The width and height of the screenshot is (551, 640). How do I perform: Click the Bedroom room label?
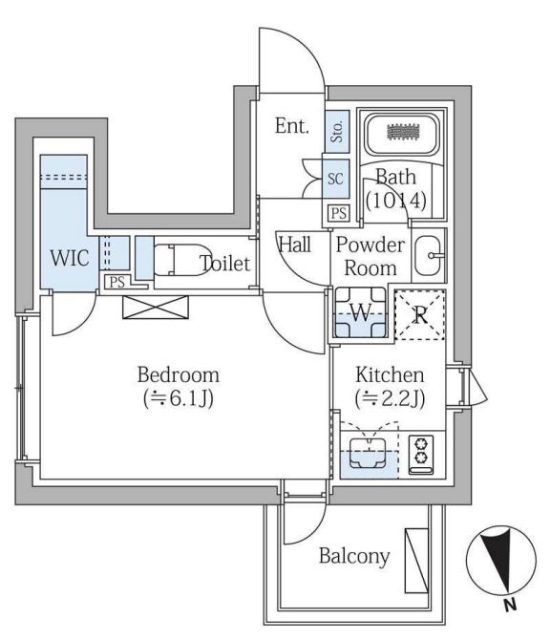tap(179, 375)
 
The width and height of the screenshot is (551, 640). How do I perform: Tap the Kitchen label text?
tap(390, 375)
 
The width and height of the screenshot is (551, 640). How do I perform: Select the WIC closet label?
tap(70, 258)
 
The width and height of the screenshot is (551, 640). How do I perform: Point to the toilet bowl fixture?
tap(180, 260)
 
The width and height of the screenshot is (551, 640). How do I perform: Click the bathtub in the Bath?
tap(402, 134)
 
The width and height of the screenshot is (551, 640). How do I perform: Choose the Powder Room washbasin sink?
tap(429, 255)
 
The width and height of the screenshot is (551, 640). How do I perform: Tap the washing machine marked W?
tap(360, 313)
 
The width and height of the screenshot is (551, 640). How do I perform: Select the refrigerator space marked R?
tap(420, 315)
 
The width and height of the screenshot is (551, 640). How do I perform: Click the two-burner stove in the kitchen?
tap(421, 455)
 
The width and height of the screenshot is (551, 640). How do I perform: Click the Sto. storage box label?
tap(337, 132)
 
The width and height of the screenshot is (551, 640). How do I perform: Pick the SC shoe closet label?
tap(335, 179)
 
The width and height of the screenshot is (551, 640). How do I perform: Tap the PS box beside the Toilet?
tap(117, 282)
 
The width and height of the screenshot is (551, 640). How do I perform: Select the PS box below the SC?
tap(339, 213)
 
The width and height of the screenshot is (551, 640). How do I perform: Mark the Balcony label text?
tap(354, 556)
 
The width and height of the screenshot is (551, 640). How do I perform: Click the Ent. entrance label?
tap(292, 126)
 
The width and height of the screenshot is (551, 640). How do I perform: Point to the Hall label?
tap(295, 245)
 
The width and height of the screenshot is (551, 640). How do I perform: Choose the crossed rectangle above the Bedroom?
tap(156, 307)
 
